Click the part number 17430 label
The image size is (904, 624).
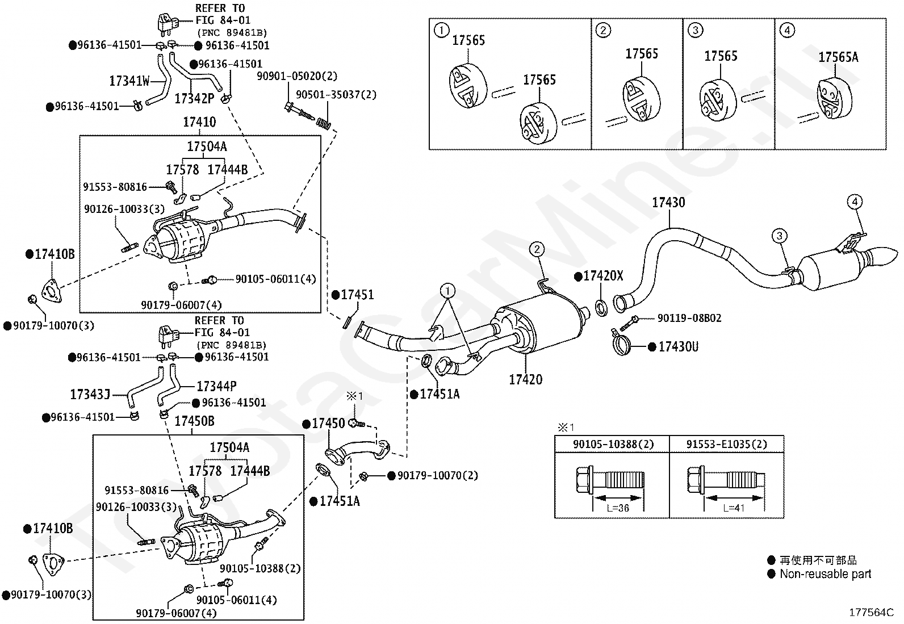(668, 202)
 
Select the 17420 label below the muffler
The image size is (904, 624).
(525, 379)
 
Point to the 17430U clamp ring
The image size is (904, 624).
(621, 344)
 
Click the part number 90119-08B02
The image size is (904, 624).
(689, 318)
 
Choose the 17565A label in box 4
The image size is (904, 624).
(838, 57)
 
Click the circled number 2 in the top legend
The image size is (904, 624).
(603, 30)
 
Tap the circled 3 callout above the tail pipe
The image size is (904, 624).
(779, 236)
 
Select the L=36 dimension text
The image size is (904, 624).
(618, 508)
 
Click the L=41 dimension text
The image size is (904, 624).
(734, 508)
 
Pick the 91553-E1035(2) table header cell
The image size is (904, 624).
(726, 444)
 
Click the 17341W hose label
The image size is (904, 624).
(129, 81)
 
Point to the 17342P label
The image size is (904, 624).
(194, 98)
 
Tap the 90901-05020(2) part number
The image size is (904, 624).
(297, 76)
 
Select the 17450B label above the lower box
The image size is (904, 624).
(194, 421)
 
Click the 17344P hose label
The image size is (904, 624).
(216, 386)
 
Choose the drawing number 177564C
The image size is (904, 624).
(871, 612)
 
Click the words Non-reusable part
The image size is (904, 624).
(825, 574)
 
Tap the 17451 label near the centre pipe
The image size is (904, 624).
(357, 295)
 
